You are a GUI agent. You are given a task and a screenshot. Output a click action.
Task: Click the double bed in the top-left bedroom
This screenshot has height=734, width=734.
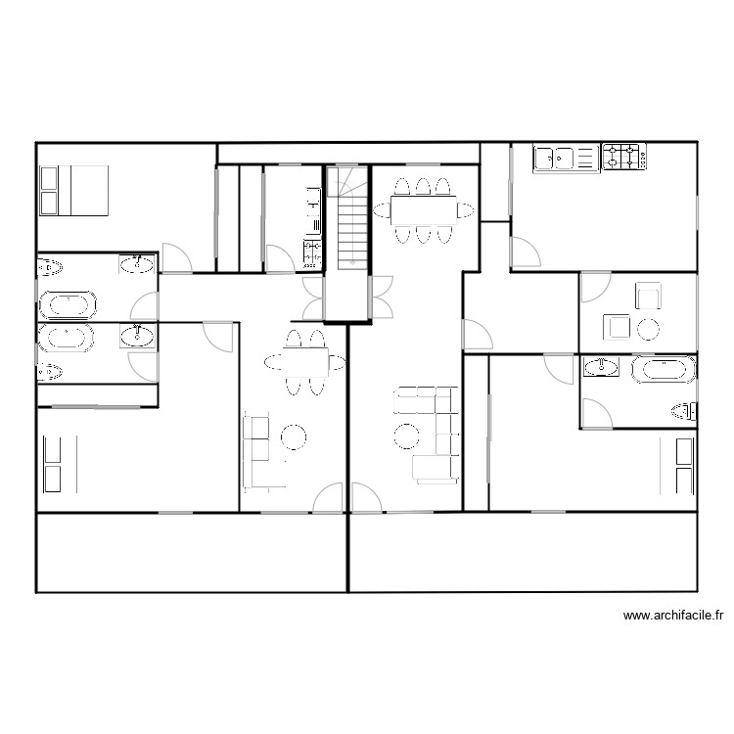(x=73, y=190)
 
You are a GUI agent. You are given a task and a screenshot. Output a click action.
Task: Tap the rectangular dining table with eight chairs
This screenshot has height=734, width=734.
(x=423, y=209)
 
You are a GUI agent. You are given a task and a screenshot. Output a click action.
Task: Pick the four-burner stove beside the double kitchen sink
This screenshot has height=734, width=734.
(x=623, y=157)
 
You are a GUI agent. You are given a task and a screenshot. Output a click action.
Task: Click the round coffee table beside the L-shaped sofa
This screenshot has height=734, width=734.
(x=406, y=435)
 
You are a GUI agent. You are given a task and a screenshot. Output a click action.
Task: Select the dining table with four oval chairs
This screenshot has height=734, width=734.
(x=305, y=361)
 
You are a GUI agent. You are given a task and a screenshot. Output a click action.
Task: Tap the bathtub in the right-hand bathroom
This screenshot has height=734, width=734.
(x=664, y=370)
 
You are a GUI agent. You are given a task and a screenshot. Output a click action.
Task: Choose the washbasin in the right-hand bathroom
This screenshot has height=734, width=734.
(x=601, y=367)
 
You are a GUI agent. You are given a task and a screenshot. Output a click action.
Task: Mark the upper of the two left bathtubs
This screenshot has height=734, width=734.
(x=69, y=304)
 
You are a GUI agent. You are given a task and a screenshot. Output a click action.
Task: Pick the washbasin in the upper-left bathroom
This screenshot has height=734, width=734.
(x=137, y=263)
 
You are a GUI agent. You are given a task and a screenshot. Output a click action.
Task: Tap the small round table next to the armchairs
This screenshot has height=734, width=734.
(x=647, y=329)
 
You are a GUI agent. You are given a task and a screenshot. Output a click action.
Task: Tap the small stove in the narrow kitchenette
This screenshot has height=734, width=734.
(x=312, y=252)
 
